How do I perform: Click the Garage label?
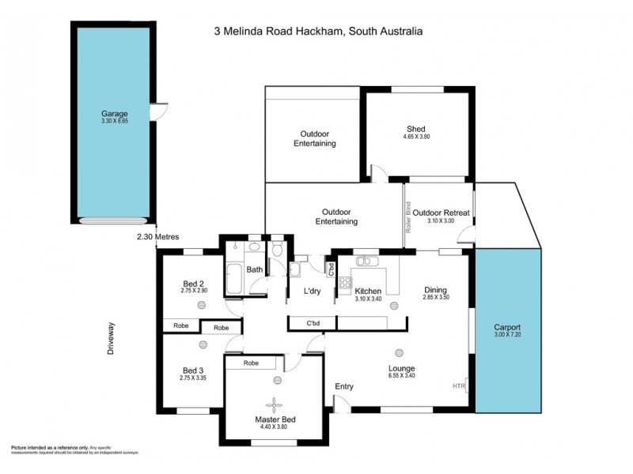[114, 114]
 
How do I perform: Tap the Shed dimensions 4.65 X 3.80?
[415, 137]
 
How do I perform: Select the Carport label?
[507, 327]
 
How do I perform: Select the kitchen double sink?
[366, 261]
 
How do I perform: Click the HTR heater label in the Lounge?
[458, 386]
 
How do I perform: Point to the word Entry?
[344, 386]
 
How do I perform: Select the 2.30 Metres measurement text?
[157, 236]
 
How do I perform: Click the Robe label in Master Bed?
[252, 363]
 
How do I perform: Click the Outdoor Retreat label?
[441, 213]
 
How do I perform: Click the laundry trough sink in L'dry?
[294, 270]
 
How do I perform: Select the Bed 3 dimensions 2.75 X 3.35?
[193, 378]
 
